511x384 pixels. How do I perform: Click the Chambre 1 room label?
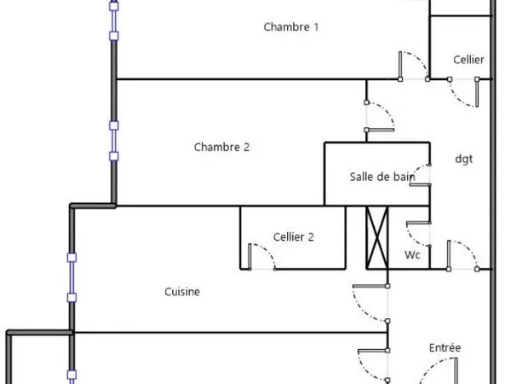pyautogui.click(x=290, y=26)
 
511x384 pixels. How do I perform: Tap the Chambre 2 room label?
pyautogui.click(x=221, y=147)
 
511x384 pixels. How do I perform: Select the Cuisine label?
pyautogui.click(x=182, y=292)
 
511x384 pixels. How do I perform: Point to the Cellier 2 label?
pyautogui.click(x=293, y=236)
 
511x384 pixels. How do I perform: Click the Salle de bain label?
pyautogui.click(x=382, y=177)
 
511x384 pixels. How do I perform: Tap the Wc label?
pyautogui.click(x=412, y=254)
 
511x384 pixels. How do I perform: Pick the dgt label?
pyautogui.click(x=464, y=159)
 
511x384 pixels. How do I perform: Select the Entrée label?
pyautogui.click(x=445, y=347)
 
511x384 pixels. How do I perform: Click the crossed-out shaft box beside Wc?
pyautogui.click(x=377, y=238)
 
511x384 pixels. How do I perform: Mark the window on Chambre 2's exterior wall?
pyautogui.click(x=114, y=141)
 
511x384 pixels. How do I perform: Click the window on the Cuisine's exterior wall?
pyautogui.click(x=72, y=277)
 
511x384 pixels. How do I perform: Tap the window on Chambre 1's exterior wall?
pyautogui.click(x=114, y=20)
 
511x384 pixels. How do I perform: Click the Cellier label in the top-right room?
pyautogui.click(x=468, y=60)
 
